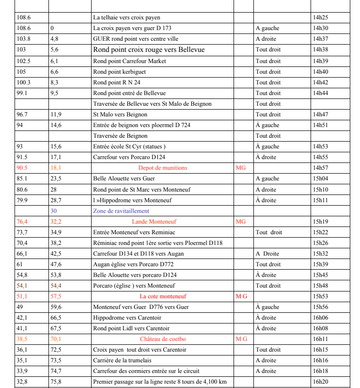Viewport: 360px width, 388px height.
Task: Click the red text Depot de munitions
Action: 162,168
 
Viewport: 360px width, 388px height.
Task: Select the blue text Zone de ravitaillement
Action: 121,211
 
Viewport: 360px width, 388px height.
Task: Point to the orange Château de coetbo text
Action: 163,339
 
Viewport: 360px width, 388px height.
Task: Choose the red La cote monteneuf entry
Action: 163,296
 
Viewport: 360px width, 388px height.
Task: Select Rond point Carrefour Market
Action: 129,61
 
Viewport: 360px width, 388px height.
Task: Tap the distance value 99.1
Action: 22,93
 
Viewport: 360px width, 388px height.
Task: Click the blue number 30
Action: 53,211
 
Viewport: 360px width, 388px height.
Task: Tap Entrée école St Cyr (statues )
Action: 129,146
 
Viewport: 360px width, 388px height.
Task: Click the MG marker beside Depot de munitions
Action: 240,168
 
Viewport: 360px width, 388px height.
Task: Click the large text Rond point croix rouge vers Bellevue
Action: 149,49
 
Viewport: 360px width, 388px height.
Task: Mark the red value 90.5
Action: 22,168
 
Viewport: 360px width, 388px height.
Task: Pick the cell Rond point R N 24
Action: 117,82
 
